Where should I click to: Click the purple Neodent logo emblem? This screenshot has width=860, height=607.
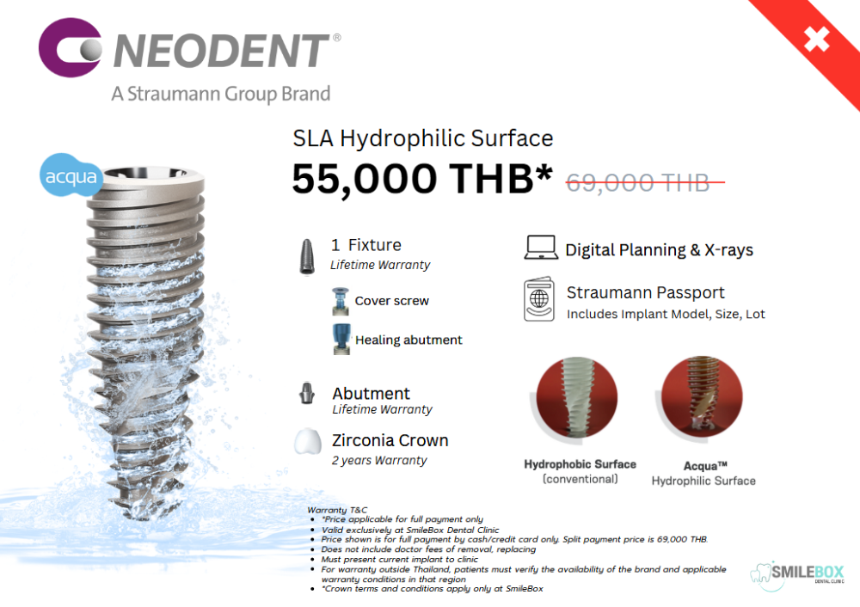tap(70, 47)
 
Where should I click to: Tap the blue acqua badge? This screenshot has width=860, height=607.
tap(71, 175)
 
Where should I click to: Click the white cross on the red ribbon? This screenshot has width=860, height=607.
tap(816, 39)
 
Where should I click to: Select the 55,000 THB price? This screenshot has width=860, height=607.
tap(422, 179)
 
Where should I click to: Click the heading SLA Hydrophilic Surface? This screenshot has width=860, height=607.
tap(423, 138)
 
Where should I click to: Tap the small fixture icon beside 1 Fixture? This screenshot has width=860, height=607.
tap(307, 256)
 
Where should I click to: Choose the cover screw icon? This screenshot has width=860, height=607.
tap(340, 301)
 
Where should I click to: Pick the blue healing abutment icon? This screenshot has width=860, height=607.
tap(341, 339)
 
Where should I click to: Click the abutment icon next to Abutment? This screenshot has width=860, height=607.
tap(307, 393)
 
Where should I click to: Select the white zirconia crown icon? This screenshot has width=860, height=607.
tap(308, 441)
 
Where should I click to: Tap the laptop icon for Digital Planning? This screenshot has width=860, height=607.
tap(541, 248)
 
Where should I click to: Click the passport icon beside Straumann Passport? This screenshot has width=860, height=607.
tap(539, 299)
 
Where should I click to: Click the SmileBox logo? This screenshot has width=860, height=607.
tap(797, 575)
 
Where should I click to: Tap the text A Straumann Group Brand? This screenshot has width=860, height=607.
tap(221, 95)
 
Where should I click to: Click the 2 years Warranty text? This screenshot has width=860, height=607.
tap(379, 461)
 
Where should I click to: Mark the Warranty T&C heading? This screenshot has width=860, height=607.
tap(337, 510)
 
